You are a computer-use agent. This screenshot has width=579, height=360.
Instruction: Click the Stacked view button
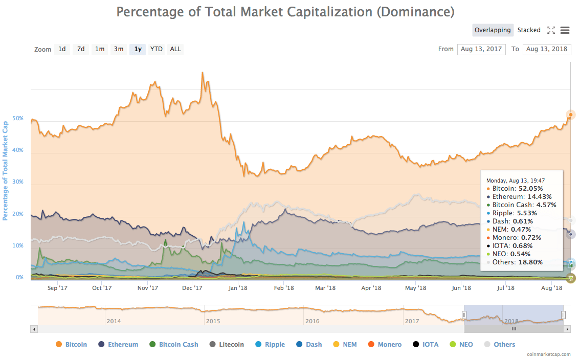point(529,30)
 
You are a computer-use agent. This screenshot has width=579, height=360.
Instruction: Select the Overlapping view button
point(492,30)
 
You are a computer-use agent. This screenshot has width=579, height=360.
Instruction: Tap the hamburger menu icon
point(565,30)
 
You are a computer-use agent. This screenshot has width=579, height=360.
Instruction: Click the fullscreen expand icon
point(551,30)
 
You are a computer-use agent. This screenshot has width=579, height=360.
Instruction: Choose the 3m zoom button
point(119,49)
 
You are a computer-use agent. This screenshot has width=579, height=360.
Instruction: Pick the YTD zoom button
point(156,49)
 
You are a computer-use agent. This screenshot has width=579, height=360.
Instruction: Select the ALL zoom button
point(175,49)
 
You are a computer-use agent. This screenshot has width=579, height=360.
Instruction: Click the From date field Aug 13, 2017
point(481,49)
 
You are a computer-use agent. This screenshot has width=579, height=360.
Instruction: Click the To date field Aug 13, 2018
point(547,49)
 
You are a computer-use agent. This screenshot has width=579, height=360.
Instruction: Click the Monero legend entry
point(385,345)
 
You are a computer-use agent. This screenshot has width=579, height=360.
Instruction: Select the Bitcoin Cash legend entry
point(173,345)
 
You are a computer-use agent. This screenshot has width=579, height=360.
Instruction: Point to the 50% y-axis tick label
point(18,118)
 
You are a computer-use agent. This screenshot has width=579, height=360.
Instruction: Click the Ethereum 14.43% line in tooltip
point(519,196)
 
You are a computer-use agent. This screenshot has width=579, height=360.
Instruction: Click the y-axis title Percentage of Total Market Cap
point(6,171)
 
